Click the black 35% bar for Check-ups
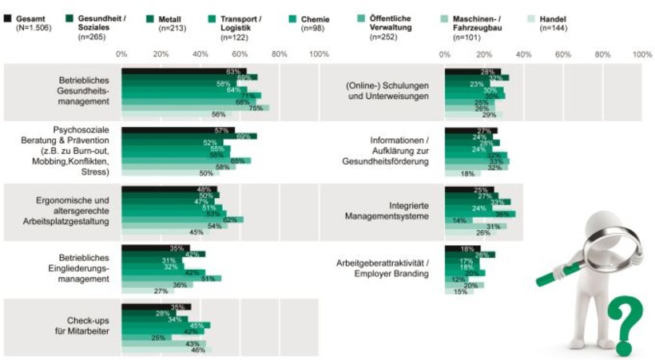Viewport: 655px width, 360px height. [156, 307]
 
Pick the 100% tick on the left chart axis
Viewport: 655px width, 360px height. [319, 54]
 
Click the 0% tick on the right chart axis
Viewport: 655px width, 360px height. [445, 54]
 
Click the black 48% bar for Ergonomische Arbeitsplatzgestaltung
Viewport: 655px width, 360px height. [169, 189]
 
